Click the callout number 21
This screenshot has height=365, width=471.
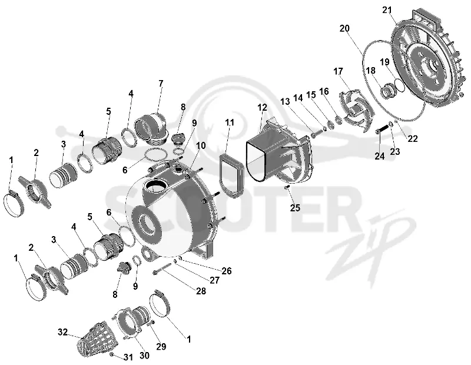(x=387, y=10)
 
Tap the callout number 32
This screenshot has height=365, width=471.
(x=62, y=332)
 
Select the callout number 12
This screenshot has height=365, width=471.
(x=262, y=108)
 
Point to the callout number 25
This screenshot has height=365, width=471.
(x=295, y=208)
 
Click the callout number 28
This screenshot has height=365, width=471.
(x=201, y=291)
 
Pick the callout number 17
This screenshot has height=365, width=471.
(x=338, y=71)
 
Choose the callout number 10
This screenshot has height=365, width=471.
(x=201, y=145)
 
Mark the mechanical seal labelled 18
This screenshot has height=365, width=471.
(x=389, y=90)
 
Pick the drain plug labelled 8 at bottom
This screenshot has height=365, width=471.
(x=124, y=267)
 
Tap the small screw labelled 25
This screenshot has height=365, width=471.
(x=287, y=187)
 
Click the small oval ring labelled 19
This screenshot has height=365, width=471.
(x=399, y=84)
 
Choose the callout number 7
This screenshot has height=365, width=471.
(x=161, y=83)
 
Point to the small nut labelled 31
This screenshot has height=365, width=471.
(x=111, y=355)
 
